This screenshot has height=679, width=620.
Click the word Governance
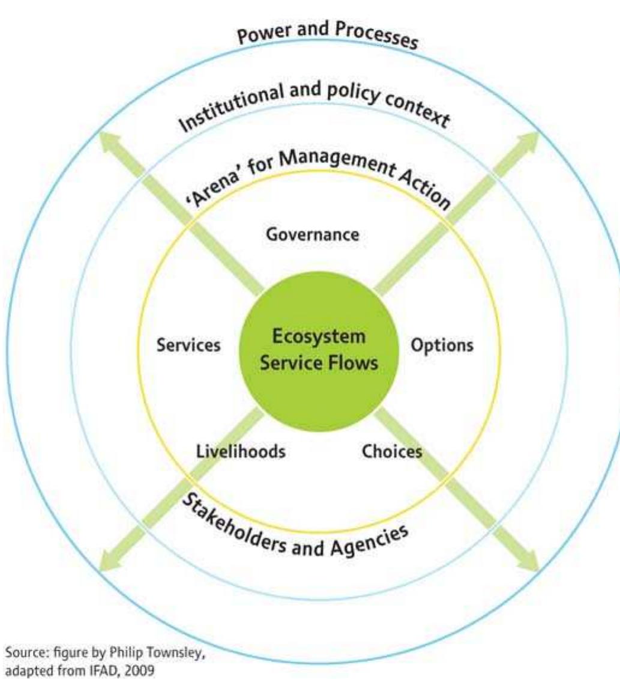(x=312, y=235)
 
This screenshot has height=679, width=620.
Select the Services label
(x=188, y=345)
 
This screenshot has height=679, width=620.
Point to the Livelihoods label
(x=241, y=451)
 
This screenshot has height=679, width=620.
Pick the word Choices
(x=392, y=451)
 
